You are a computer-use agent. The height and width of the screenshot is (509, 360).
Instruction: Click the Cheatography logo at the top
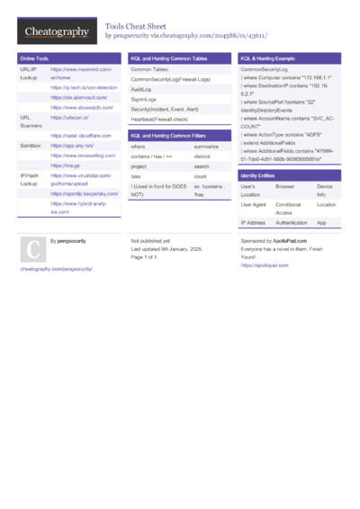click(56, 32)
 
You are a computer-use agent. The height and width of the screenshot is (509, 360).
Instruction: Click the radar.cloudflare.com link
click(80, 135)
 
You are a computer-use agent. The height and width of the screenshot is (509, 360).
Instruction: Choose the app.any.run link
click(73, 145)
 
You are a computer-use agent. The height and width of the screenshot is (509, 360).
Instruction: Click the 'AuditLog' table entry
click(140, 90)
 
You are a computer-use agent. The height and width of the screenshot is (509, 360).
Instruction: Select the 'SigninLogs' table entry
click(143, 99)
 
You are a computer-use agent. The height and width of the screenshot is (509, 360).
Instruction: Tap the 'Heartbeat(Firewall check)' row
click(159, 119)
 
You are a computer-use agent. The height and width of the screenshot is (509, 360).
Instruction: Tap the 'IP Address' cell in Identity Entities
click(253, 222)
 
